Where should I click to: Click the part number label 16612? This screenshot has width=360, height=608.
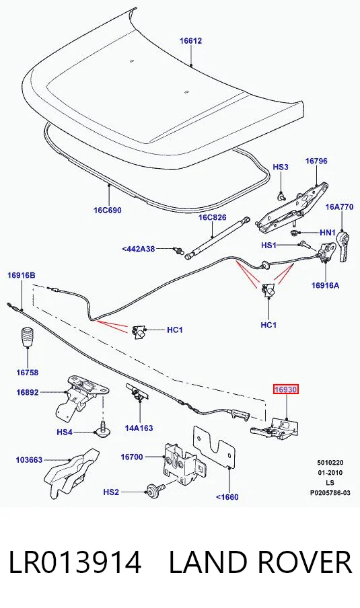pyautogui.click(x=190, y=41)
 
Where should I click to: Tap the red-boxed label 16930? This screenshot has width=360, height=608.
pyautogui.click(x=286, y=389)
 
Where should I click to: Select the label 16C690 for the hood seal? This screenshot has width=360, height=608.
pyautogui.click(x=108, y=210)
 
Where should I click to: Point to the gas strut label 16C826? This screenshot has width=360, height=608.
pyautogui.click(x=212, y=217)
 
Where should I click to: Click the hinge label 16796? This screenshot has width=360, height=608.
pyautogui.click(x=316, y=161)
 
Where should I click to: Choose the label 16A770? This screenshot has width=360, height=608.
pyautogui.click(x=339, y=206)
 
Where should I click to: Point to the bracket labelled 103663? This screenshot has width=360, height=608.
pyautogui.click(x=73, y=472)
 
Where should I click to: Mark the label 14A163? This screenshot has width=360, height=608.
pyautogui.click(x=139, y=428)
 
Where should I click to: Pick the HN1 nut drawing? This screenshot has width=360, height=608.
pyautogui.click(x=295, y=233)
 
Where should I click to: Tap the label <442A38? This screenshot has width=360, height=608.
pyautogui.click(x=139, y=249)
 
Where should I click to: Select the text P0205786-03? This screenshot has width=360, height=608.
pyautogui.click(x=330, y=493)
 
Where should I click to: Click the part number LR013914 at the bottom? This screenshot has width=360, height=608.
pyautogui.click(x=75, y=562)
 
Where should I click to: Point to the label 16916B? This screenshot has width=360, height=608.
pyautogui.click(x=22, y=275)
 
